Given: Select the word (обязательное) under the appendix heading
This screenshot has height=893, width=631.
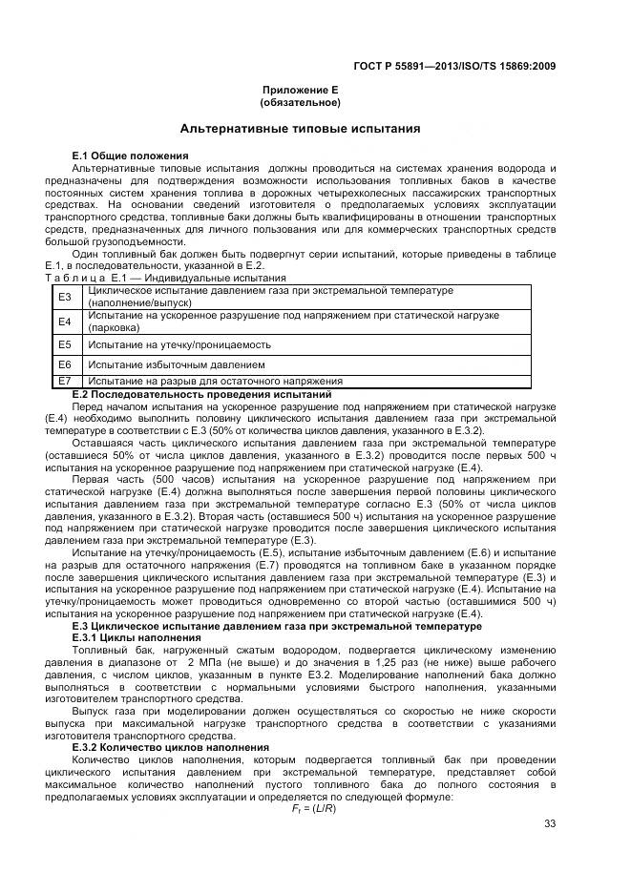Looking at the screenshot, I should (300, 101).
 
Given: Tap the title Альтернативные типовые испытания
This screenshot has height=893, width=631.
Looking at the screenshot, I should (301, 129).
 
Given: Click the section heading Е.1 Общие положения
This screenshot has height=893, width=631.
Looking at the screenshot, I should (130, 155).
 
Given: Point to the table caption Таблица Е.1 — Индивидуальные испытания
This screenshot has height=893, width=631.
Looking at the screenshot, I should (152, 278).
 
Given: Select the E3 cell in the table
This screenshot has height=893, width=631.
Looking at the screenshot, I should (65, 297).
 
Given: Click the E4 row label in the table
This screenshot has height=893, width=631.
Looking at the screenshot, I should (65, 322).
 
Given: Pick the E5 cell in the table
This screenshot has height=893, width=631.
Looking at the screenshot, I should (65, 344).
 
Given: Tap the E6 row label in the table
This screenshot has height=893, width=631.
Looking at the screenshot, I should (65, 364).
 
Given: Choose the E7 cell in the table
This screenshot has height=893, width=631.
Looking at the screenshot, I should (65, 381).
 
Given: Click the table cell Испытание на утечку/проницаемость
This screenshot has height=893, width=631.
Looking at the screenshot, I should (179, 344).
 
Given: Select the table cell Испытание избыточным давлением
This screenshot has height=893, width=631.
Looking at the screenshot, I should (176, 364).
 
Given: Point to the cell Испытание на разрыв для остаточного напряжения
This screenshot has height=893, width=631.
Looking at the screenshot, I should (214, 381).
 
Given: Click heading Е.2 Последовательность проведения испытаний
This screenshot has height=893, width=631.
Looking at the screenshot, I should (201, 394).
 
